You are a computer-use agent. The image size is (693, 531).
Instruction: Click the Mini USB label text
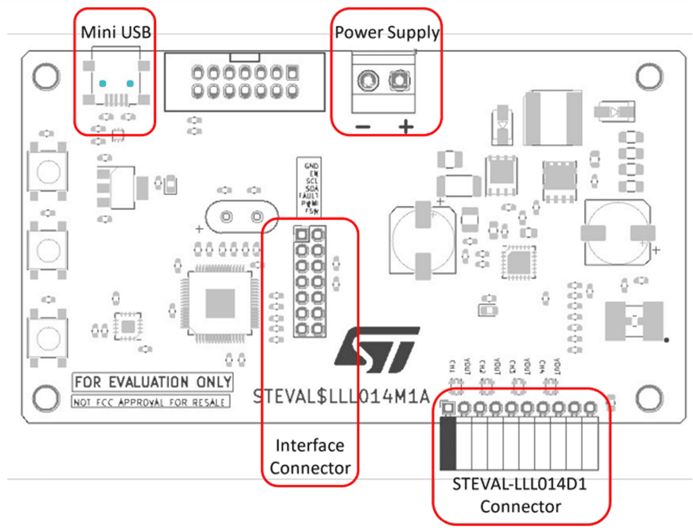116,32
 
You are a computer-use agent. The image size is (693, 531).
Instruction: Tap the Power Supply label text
387,32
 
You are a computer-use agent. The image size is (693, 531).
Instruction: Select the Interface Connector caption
310,456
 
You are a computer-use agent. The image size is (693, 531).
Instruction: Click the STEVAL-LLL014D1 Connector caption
520,496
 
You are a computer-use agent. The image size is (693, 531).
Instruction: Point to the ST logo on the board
376,347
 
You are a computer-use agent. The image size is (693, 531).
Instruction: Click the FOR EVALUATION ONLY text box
153,382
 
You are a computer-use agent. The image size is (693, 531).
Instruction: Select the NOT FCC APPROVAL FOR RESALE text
150,402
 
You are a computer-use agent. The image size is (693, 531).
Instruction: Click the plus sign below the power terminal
405,127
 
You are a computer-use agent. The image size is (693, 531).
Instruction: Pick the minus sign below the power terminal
361,127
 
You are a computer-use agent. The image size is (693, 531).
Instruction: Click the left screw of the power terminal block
365,83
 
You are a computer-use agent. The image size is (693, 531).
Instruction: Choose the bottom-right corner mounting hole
649,397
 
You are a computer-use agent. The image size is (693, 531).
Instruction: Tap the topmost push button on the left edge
48,170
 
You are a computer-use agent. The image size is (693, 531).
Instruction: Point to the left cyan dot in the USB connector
103,84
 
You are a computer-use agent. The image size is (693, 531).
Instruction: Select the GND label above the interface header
311,166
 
